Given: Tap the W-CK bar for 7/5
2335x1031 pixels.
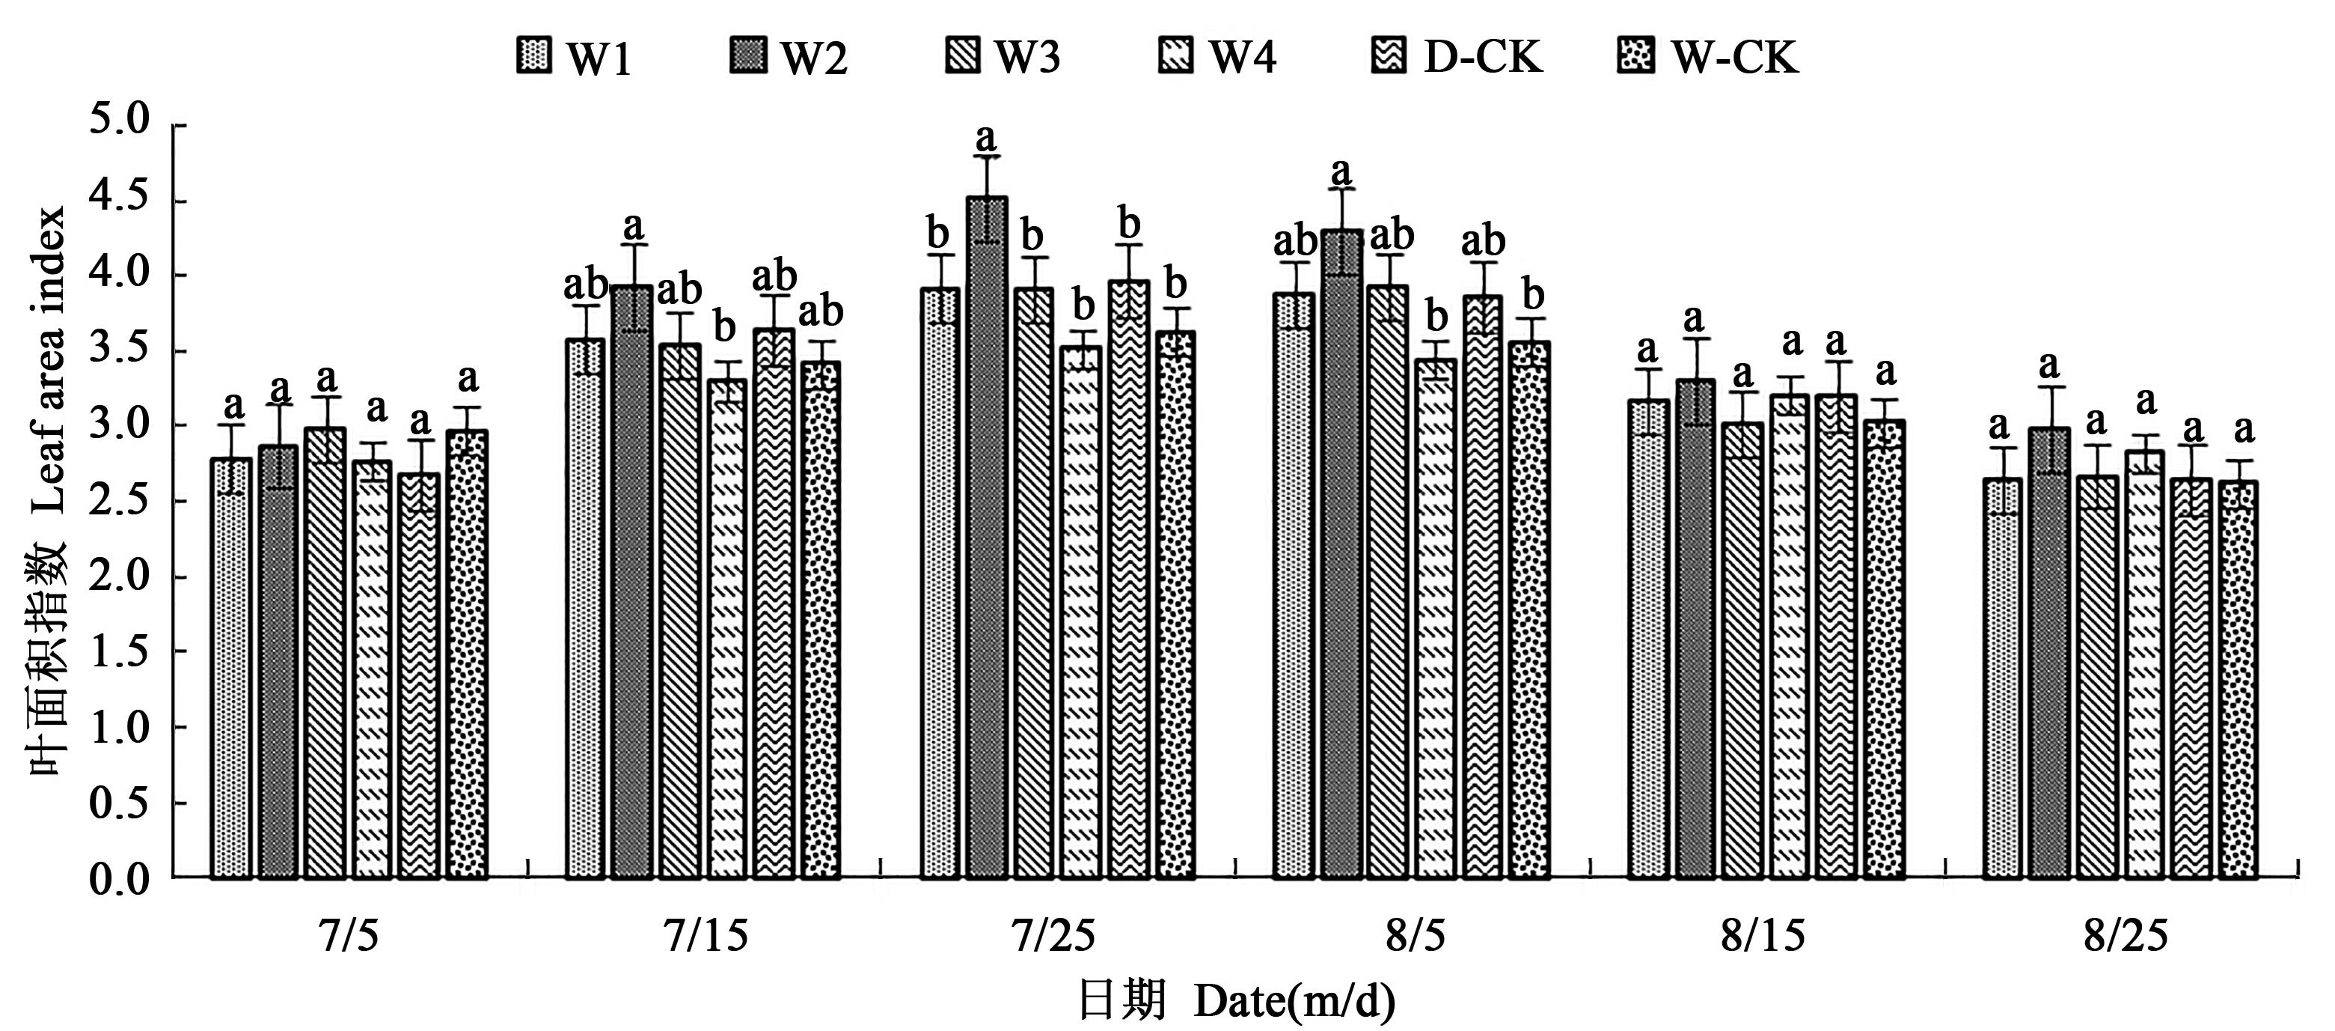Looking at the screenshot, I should pyautogui.click(x=467, y=654).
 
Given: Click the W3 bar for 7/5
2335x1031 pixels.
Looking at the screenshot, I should pyautogui.click(x=325, y=653).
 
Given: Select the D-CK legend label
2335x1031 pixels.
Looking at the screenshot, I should pyautogui.click(x=1482, y=57).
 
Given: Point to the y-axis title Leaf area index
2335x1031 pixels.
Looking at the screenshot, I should pyautogui.click(x=50, y=362).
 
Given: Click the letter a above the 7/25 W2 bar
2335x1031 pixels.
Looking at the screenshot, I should pyautogui.click(x=985, y=138).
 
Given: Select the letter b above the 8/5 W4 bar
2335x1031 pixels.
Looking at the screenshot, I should pyautogui.click(x=1436, y=317).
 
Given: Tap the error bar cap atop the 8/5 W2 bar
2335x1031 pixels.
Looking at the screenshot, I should pyautogui.click(x=1341, y=189).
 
